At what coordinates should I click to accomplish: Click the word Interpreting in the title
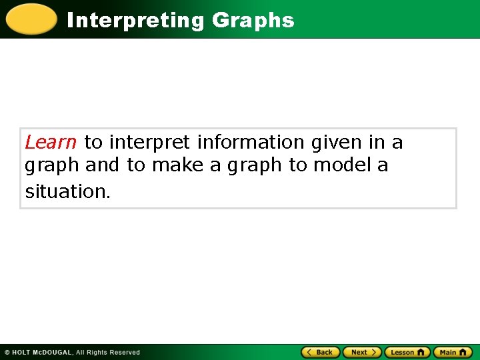click(136, 21)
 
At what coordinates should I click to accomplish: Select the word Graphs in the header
click(253, 21)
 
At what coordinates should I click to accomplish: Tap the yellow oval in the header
click(31, 19)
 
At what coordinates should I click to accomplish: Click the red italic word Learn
click(51, 142)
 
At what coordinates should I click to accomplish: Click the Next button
click(362, 352)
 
